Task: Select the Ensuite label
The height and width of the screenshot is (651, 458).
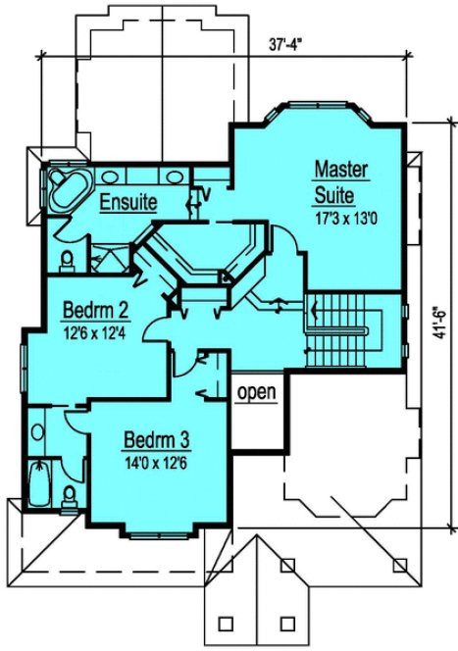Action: [x=128, y=204]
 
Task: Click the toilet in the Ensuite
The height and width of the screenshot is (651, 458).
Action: [x=67, y=260]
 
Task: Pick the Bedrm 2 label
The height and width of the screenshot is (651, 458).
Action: [x=96, y=313]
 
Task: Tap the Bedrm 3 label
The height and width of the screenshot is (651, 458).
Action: [x=156, y=438]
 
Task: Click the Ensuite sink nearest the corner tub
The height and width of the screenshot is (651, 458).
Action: [x=110, y=177]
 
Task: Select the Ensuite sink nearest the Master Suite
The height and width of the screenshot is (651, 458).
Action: [x=177, y=177]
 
